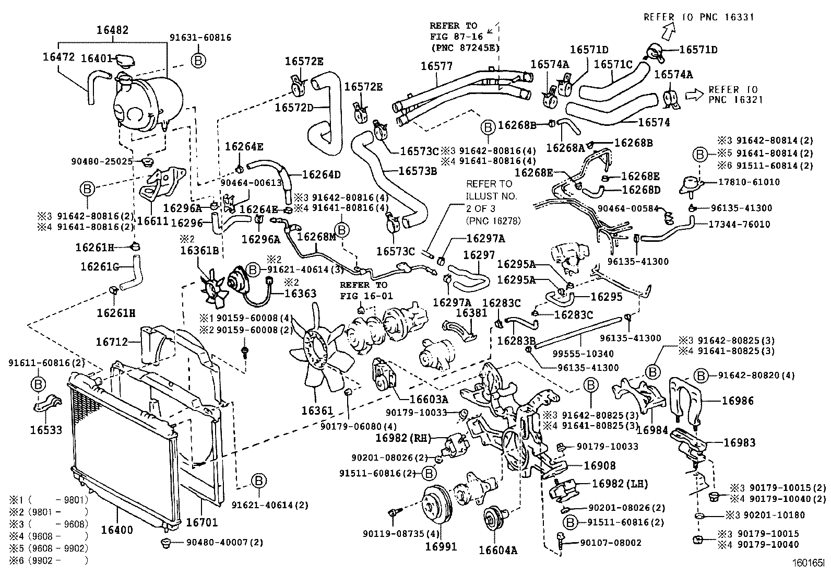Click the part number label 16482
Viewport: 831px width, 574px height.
click(112, 31)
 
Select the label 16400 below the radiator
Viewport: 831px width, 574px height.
click(117, 530)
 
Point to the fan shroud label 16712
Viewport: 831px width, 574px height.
click(112, 342)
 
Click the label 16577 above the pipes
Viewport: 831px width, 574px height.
click(437, 66)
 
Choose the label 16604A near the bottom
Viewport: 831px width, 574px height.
click(498, 550)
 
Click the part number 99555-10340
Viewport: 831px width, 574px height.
click(583, 354)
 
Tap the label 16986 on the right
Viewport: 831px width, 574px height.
click(738, 401)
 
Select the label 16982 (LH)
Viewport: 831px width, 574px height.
click(619, 484)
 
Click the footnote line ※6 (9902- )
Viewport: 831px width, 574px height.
click(50, 560)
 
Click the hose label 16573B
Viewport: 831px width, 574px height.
click(417, 170)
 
